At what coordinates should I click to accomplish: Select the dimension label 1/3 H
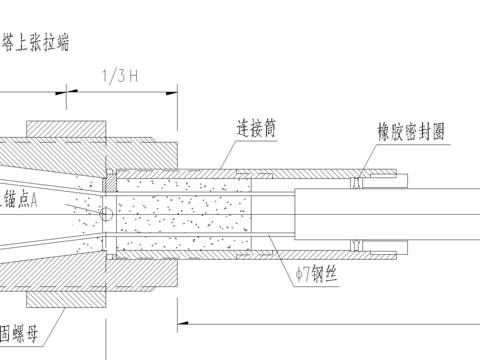[x=121, y=74]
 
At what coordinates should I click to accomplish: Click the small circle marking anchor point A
[x=107, y=214]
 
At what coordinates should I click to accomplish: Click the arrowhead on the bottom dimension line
[x=184, y=322]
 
